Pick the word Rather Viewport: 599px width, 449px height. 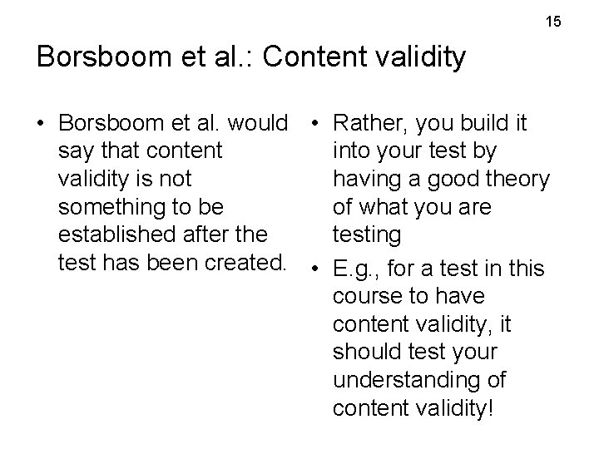369,124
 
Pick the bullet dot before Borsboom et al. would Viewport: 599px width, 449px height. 41,124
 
